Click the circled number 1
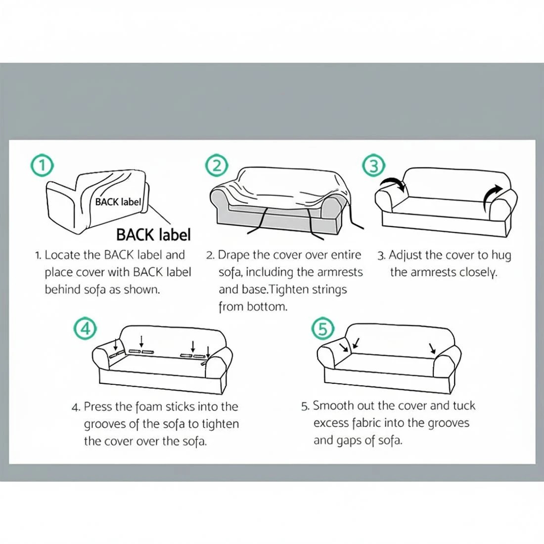click(42, 165)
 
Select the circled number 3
click(373, 166)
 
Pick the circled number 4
click(84, 328)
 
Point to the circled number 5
click(322, 328)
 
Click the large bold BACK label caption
click(153, 234)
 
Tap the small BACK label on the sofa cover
click(118, 202)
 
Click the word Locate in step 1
click(62, 255)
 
